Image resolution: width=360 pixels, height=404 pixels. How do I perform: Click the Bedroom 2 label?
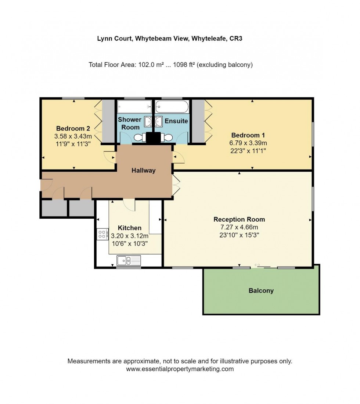click(73, 129)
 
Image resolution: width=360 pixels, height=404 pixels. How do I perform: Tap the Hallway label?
click(144, 171)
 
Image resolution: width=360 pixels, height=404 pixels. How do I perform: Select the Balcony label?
click(261, 291)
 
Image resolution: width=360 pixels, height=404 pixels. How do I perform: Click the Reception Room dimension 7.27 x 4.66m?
click(239, 227)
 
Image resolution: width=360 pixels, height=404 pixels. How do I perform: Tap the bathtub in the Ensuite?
click(172, 108)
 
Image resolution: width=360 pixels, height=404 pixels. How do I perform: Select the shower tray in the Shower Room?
click(134, 108)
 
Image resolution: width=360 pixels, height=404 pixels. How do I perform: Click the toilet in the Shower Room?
click(140, 137)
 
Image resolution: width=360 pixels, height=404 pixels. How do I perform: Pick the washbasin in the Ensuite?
click(159, 121)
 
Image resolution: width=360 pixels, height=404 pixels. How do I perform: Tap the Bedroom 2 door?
click(110, 157)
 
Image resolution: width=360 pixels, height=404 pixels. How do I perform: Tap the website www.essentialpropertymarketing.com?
click(180, 369)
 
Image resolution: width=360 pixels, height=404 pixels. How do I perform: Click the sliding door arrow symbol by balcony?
click(257, 265)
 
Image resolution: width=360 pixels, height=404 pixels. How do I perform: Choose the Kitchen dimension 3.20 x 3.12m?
click(130, 236)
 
